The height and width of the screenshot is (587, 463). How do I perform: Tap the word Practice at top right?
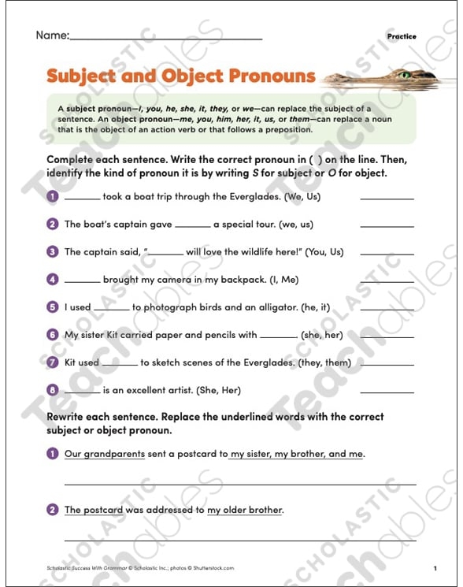click(402, 36)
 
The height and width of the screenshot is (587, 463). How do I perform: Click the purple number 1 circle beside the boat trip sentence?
click(53, 196)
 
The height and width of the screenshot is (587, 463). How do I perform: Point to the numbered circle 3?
click(53, 252)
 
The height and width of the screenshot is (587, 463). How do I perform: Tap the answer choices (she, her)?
click(322, 335)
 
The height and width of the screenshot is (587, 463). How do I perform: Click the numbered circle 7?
click(53, 362)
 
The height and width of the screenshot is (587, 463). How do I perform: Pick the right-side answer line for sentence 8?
click(387, 392)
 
